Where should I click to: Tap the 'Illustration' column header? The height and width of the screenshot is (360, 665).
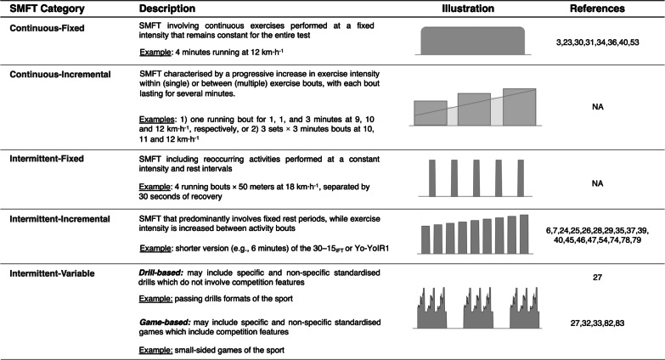pyautogui.click(x=468, y=9)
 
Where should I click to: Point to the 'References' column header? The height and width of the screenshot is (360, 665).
pyautogui.click(x=599, y=9)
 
